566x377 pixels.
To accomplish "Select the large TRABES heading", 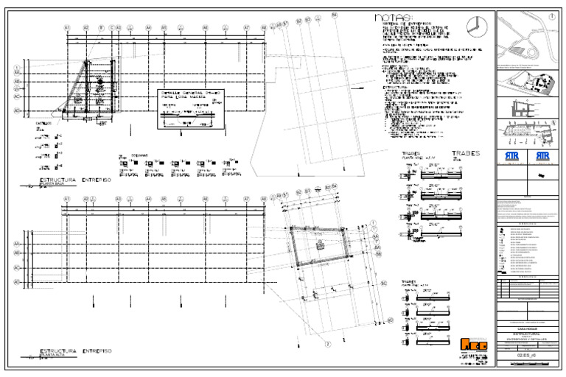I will click(465, 154).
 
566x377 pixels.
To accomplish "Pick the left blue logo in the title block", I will click(512, 158).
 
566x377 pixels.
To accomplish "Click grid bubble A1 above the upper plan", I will click(66, 28).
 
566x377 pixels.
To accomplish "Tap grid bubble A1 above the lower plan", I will click(66, 199).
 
